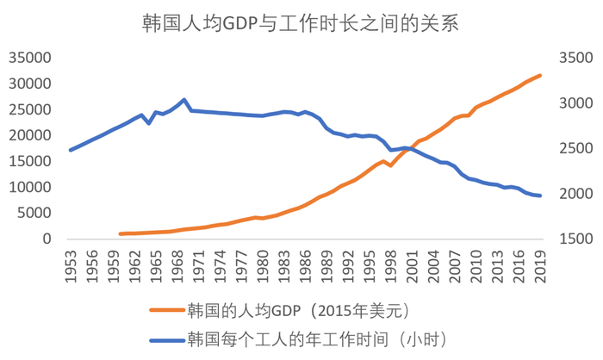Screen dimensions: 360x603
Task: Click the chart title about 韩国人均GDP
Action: pos(301,23)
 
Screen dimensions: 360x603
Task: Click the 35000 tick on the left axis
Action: pos(29,59)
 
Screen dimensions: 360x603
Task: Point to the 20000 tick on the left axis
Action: pos(29,136)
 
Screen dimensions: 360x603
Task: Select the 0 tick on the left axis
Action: pos(48,239)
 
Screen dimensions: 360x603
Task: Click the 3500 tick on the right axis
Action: pos(575,59)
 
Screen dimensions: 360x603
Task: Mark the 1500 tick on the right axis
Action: pos(575,239)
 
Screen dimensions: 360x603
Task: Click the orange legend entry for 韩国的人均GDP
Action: pos(284,308)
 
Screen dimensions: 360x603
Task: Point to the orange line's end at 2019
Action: pos(540,76)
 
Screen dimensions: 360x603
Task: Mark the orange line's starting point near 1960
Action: pos(121,233)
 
